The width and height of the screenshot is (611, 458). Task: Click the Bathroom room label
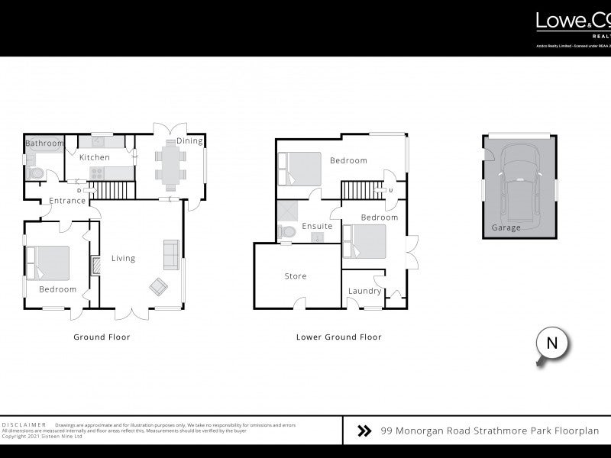(x=44, y=144)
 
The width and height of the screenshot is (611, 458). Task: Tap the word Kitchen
(x=95, y=157)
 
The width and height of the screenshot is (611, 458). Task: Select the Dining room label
(x=189, y=141)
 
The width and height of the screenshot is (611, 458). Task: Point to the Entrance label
(x=68, y=201)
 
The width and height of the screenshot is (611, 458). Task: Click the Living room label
(x=123, y=258)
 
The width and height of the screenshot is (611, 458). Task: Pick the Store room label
(x=296, y=276)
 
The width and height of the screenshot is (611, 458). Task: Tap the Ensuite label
(x=317, y=227)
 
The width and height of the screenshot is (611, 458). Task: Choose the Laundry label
(x=364, y=291)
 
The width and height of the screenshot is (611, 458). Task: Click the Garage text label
(x=506, y=227)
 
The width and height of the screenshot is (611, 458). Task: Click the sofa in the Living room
(x=171, y=251)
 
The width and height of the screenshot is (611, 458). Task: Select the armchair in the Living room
(x=159, y=286)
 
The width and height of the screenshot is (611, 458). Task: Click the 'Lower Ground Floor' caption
(x=338, y=337)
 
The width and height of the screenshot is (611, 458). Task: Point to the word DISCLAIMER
(x=24, y=424)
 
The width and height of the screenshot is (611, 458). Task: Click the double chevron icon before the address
(x=365, y=431)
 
